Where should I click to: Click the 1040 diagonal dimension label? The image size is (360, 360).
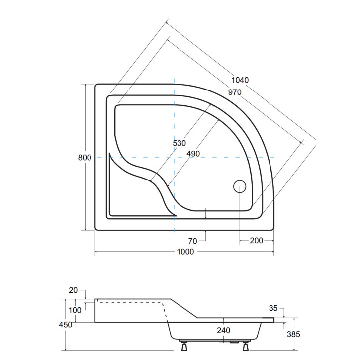[x=240, y=80]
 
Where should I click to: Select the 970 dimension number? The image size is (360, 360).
[x=235, y=92]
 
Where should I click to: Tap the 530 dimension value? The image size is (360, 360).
[x=179, y=143]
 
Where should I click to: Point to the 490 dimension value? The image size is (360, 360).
[x=193, y=154]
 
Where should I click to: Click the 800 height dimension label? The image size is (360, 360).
[x=85, y=158]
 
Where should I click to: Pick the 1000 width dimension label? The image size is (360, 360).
[x=185, y=252]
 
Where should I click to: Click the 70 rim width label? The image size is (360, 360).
[x=192, y=241]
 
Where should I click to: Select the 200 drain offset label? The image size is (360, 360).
[x=256, y=241]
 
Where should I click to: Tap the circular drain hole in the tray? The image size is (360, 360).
[x=240, y=186]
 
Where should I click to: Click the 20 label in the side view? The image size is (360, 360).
[x=73, y=290]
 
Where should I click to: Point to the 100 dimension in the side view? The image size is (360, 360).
[x=75, y=310]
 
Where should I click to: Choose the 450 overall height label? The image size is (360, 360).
[x=66, y=325]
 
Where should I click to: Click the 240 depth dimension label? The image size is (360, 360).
[x=223, y=331]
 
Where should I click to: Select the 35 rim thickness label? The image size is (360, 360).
[x=273, y=308]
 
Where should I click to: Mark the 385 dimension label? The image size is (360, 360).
[x=293, y=334]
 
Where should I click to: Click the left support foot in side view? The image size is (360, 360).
[x=184, y=346]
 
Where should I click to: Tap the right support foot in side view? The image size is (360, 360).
[x=246, y=346]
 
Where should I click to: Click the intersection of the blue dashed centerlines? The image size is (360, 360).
[x=175, y=157]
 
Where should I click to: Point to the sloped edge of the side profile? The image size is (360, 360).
[x=184, y=308]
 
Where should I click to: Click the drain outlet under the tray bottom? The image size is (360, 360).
[x=234, y=342]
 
